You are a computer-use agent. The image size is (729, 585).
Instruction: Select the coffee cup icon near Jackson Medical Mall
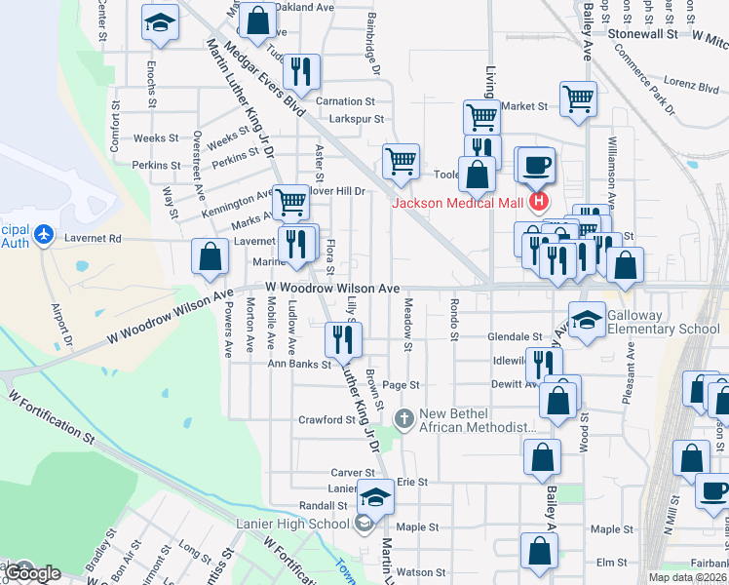tap(534, 165)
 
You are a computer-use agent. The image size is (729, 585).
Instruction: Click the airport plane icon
tap(43, 235)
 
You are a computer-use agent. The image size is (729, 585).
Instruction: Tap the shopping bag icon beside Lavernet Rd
tap(211, 257)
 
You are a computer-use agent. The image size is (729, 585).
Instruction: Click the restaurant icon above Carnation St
tap(301, 71)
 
